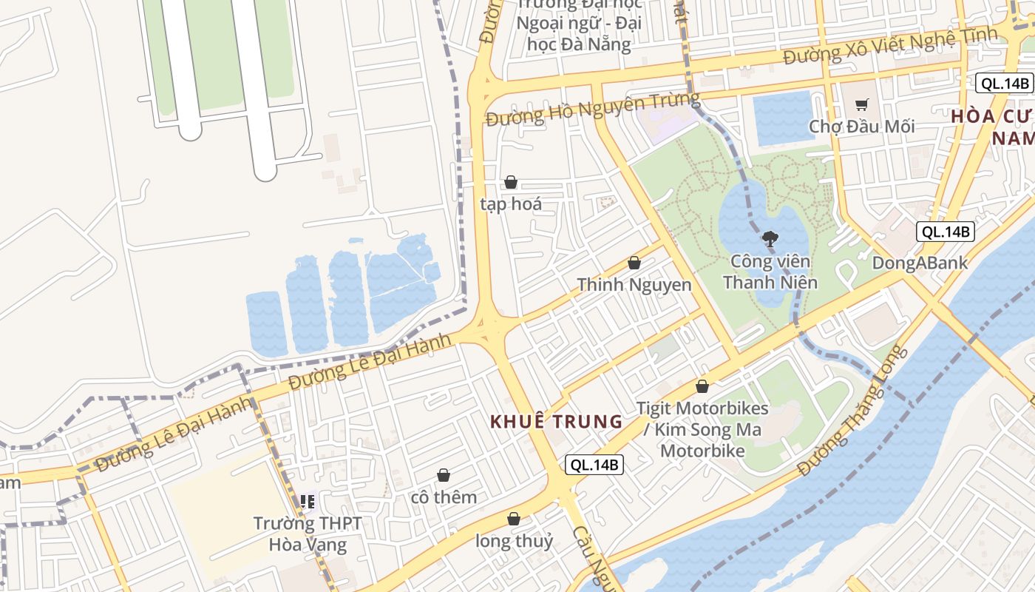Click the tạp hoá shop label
511,204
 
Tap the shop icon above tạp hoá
511,182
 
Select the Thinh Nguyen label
634,285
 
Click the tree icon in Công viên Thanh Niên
770,238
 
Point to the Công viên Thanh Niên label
770,272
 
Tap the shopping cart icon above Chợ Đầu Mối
861,104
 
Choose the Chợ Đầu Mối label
861,127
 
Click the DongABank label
920,263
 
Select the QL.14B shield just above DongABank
946,232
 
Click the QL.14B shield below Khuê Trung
594,465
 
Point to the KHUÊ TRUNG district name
557,422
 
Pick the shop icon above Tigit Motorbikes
702,386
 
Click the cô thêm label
444,497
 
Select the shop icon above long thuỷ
514,519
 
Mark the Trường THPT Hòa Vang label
308,534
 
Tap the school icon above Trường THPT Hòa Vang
308,502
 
